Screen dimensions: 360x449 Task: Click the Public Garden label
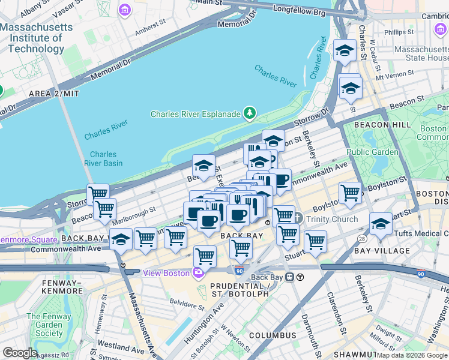pos(372,152)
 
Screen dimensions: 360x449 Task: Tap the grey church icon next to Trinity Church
pos(298,219)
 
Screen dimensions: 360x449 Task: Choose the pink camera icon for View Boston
pos(198,273)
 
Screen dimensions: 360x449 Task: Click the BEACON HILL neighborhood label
pos(382,124)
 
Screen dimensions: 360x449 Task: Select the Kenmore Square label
pos(26,239)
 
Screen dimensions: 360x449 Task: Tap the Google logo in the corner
pos(20,353)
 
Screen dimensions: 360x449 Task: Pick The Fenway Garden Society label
pos(49,325)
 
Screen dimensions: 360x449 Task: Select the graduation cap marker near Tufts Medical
pos(381,224)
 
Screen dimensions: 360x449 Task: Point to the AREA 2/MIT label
pos(54,94)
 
